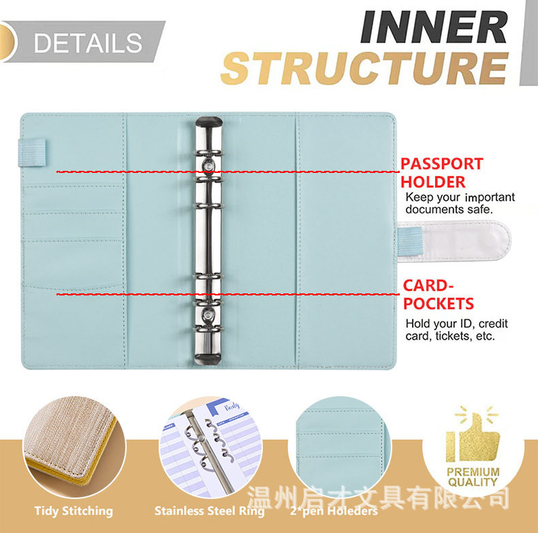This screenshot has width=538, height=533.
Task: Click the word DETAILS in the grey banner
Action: tap(88, 43)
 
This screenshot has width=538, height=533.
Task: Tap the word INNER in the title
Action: tap(434, 27)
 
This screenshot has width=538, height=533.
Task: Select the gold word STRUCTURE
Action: tap(365, 68)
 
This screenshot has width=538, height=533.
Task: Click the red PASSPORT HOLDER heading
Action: tap(442, 172)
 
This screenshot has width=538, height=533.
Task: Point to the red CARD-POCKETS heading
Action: tap(438, 295)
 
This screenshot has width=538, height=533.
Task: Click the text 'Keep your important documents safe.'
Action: tap(460, 203)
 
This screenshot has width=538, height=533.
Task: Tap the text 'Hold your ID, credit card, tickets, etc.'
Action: tap(456, 329)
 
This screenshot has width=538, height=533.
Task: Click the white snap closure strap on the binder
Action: tap(454, 241)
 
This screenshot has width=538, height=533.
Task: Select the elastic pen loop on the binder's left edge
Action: tap(31, 152)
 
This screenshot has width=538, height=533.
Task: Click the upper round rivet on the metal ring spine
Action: tap(208, 166)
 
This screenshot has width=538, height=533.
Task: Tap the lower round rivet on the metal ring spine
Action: tap(208, 314)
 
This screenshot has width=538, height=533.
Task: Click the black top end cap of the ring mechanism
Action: tap(209, 122)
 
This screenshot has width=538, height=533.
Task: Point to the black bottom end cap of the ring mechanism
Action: tap(208, 359)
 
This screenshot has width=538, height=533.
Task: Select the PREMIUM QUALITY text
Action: tap(473, 477)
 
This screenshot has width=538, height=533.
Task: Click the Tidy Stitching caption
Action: tap(74, 511)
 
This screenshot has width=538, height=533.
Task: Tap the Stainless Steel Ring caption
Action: tap(210, 511)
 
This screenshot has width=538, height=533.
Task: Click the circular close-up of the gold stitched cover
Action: tap(74, 447)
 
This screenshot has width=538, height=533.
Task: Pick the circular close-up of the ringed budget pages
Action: tap(210, 447)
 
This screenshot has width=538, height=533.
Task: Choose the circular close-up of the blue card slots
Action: tap(339, 447)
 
